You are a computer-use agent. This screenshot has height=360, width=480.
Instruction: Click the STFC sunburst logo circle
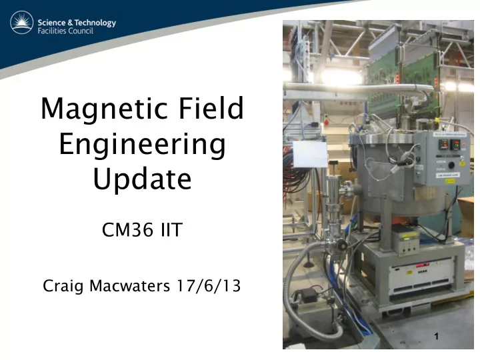point(22,23)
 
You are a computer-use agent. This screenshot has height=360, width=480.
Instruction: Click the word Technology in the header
point(95,23)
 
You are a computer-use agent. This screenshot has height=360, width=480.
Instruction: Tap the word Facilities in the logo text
point(52,31)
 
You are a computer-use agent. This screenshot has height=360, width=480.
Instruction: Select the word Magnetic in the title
point(105,109)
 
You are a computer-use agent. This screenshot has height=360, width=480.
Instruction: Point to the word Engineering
point(143,145)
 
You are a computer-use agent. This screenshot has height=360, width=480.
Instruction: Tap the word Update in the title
point(143,179)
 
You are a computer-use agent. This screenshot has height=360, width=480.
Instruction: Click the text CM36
point(128,229)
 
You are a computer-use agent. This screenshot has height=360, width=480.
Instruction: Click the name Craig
point(63,286)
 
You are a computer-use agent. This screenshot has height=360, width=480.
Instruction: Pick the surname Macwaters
point(129,285)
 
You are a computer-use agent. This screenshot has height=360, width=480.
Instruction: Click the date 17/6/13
point(209,285)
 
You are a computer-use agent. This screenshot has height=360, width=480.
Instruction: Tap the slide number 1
point(437,336)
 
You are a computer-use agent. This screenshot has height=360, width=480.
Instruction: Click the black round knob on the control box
point(451,165)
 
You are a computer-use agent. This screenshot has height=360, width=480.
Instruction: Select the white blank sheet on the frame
point(310,154)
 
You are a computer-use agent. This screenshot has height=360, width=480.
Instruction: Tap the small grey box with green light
point(406,242)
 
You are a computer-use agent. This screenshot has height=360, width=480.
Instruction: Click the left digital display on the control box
point(443,145)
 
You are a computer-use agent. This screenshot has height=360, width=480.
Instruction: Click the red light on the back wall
point(326,123)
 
